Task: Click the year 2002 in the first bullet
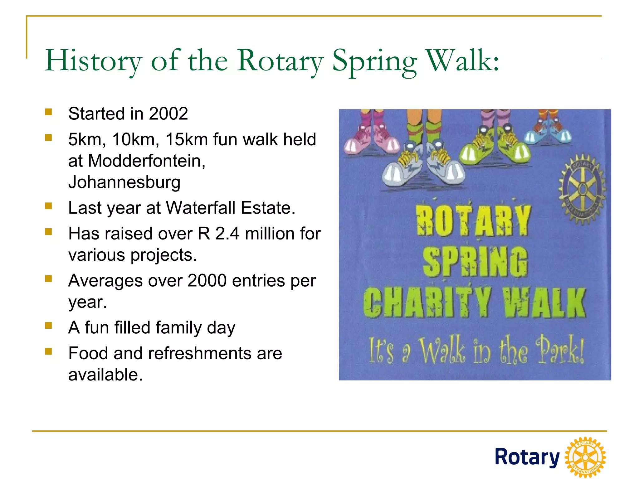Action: tap(168, 114)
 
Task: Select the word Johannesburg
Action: tap(124, 182)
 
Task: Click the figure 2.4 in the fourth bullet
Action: tap(227, 234)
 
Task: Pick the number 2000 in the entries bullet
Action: tap(207, 281)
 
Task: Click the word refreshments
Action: tap(199, 354)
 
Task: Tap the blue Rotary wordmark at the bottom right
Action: tap(527, 457)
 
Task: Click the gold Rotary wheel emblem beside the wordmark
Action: tap(585, 457)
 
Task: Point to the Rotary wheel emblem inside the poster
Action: tap(582, 189)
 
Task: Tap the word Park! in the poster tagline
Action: tap(560, 350)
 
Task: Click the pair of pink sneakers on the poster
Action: tap(371, 139)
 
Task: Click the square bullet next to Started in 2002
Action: tap(48, 112)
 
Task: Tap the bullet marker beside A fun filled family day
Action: tap(48, 326)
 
